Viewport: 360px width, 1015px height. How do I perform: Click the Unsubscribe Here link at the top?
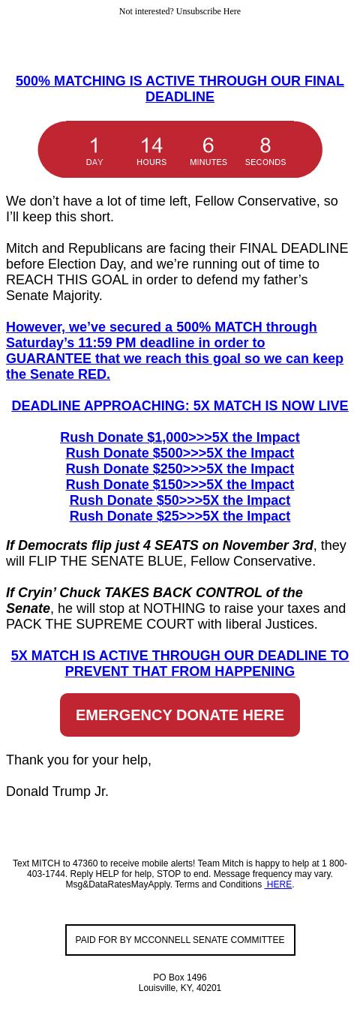208,11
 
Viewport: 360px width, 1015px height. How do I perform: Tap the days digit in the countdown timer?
94,146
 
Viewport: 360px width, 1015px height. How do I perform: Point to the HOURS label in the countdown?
151,162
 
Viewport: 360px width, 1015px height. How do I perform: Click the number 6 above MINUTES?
208,146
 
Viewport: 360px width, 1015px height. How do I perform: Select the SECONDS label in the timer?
265,162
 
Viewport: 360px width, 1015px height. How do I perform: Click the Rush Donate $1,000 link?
180,437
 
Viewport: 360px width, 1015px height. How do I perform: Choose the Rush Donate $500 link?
180,453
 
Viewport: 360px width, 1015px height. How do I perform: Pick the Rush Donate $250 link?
180,469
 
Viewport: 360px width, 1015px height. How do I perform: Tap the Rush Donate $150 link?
180,485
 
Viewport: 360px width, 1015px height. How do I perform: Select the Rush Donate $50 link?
180,500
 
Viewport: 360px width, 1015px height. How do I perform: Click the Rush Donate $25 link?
180,516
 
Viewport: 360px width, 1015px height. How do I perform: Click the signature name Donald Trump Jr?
57,791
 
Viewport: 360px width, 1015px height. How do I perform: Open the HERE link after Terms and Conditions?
278,885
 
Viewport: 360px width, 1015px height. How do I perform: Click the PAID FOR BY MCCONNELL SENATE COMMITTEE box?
180,940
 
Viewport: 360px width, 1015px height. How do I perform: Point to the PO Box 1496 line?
180,977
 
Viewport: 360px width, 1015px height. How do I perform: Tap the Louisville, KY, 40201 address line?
180,988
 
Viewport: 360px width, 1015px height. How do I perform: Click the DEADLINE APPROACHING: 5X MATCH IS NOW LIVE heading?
180,406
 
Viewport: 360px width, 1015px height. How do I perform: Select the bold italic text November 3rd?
268,545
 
